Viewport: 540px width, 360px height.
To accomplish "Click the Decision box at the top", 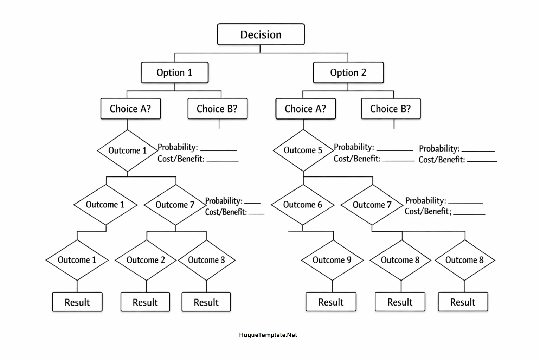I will (261, 34).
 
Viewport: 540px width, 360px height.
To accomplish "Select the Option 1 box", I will (174, 73).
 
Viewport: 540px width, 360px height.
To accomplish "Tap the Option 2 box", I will (348, 73).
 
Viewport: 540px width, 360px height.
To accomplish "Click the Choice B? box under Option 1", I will (217, 109).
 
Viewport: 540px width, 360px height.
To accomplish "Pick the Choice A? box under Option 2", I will (305, 109).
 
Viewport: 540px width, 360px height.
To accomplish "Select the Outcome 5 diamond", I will (303, 150).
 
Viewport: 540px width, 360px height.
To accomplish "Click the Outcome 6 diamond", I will (302, 205).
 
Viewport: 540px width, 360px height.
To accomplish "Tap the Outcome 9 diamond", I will (332, 260).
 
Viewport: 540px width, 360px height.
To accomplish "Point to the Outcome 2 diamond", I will (146, 260).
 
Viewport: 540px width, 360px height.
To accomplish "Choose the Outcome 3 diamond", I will (206, 260).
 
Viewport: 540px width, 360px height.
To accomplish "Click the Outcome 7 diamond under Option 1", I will (175, 205).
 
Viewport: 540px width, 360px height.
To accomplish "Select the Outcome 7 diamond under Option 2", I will (372, 205).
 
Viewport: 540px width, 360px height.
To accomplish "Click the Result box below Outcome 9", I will (331, 302).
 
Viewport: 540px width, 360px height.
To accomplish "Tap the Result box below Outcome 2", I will (145, 302).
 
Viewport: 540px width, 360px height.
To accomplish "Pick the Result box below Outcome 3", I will (206, 302).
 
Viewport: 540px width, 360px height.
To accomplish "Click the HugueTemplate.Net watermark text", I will (268, 335).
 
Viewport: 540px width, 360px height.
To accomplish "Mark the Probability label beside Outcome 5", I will (354, 147).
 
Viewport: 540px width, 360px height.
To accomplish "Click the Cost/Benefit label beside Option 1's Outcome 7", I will (226, 212).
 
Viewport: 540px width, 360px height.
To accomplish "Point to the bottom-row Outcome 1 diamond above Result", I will (77, 260).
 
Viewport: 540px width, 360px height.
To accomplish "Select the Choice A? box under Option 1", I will (130, 109).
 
